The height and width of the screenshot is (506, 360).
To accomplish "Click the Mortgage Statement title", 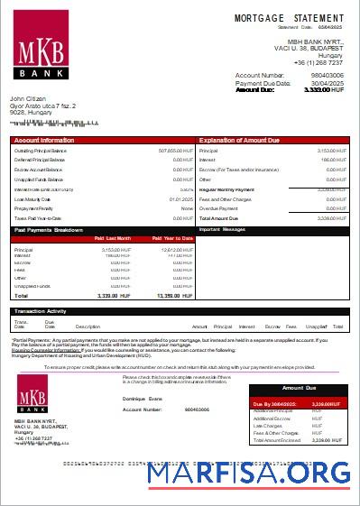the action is point(289,18).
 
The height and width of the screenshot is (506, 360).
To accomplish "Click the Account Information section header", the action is point(44,141).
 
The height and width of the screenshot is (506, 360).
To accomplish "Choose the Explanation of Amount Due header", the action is point(238,141).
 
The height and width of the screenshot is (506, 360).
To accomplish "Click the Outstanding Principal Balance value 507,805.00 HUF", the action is point(176,151).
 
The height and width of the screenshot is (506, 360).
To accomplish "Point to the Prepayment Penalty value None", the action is point(188,208).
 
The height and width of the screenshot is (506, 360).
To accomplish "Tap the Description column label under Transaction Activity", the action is point(88,326).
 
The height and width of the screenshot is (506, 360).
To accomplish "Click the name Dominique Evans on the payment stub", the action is point(143,398).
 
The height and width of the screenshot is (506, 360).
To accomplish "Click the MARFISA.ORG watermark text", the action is point(249,473).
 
